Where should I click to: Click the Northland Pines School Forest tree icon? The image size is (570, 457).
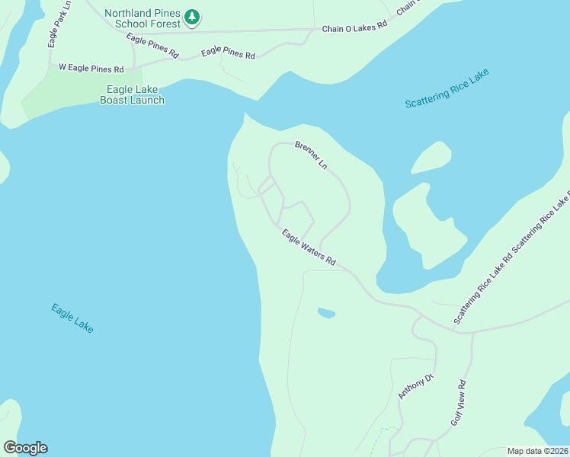(193, 17)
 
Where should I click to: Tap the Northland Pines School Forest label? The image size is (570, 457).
(142, 18)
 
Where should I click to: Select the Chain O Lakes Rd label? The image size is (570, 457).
(354, 27)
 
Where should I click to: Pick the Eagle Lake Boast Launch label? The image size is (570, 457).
(132, 94)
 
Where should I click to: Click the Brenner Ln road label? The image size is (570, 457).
(311, 155)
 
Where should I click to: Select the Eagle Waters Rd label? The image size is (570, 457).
(309, 248)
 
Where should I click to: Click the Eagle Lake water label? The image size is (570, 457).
(72, 318)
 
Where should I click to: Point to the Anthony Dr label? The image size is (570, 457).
(415, 387)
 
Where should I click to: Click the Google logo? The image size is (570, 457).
(25, 448)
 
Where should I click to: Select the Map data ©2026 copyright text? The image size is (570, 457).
(538, 451)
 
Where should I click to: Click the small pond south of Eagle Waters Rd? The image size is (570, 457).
(326, 312)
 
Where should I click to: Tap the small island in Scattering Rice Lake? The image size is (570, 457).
(431, 158)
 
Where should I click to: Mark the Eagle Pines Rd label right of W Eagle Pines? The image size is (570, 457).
(228, 53)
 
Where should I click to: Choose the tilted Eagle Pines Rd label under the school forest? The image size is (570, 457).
(152, 46)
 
